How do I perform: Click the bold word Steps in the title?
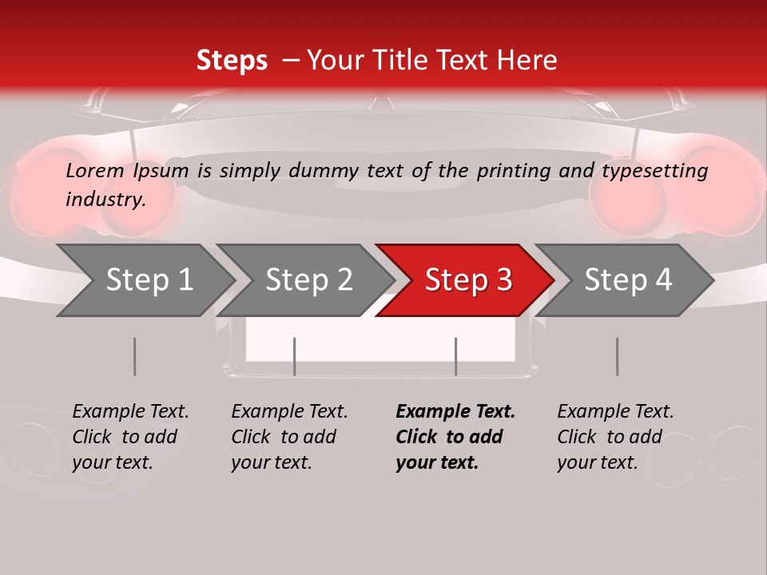pyautogui.click(x=232, y=61)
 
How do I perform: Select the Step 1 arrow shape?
pyautogui.click(x=144, y=280)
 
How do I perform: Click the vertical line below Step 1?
pyautogui.click(x=134, y=356)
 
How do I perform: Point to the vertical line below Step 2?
pyautogui.click(x=294, y=356)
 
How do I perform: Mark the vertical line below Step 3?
pyautogui.click(x=455, y=356)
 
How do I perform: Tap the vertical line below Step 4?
pyautogui.click(x=617, y=356)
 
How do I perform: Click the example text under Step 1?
pyautogui.click(x=130, y=437)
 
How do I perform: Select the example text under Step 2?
pyautogui.click(x=289, y=437)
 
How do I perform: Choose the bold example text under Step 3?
pyautogui.click(x=455, y=437)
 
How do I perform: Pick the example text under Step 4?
pyautogui.click(x=615, y=437)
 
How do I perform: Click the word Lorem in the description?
pyautogui.click(x=95, y=170)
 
